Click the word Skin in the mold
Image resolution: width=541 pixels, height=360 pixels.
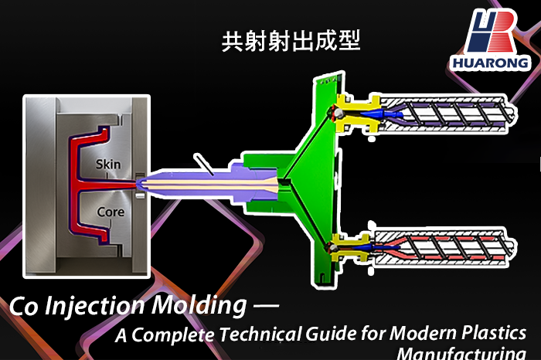point(109,165)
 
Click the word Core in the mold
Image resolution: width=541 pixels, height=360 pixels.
point(111,211)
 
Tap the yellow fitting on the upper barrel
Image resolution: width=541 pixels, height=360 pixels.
point(349,114)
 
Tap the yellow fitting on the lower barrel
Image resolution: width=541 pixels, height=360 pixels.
point(350,249)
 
